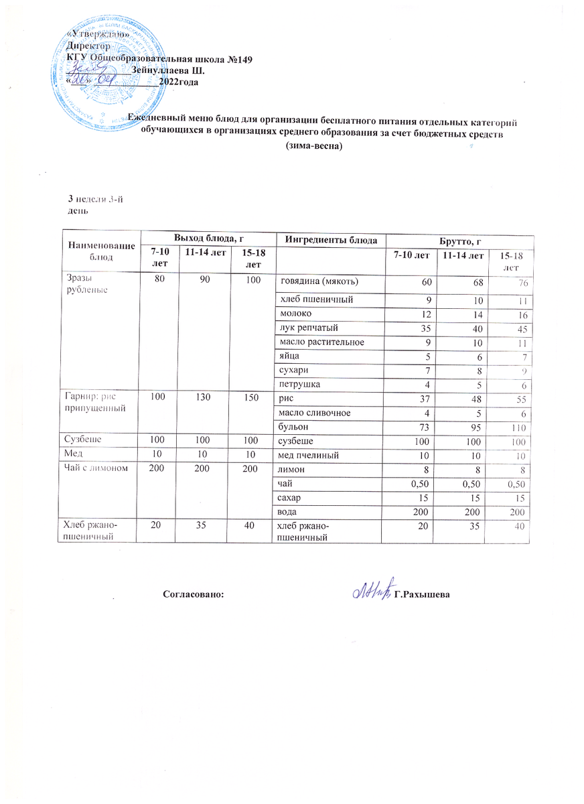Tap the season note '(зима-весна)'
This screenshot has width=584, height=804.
point(313,147)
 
